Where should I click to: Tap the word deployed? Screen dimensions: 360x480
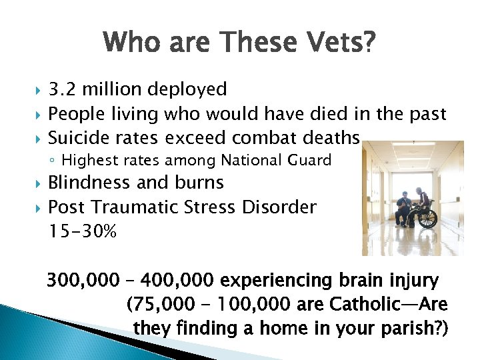tap(187, 89)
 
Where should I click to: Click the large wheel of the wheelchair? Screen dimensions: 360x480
tap(427, 217)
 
